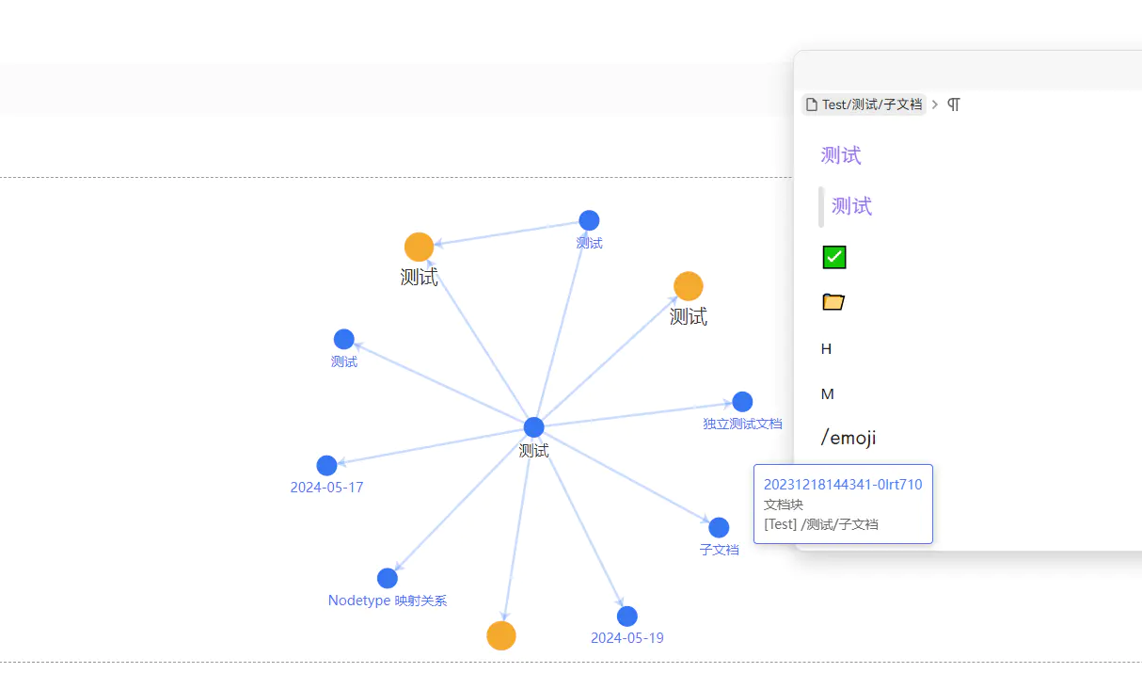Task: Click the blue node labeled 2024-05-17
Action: pyautogui.click(x=326, y=465)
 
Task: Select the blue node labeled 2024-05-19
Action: pyautogui.click(x=627, y=617)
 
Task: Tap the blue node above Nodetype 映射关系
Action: pyautogui.click(x=388, y=578)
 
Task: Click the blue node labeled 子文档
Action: pyautogui.click(x=719, y=528)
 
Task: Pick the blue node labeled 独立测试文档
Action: pyautogui.click(x=742, y=402)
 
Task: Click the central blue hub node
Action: pyautogui.click(x=533, y=427)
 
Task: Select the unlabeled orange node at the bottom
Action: pyautogui.click(x=501, y=635)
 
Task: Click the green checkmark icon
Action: pyautogui.click(x=834, y=257)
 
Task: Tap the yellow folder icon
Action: pyautogui.click(x=833, y=301)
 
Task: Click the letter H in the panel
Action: pyautogui.click(x=827, y=349)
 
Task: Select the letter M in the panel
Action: pyautogui.click(x=828, y=393)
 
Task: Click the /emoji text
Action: pyautogui.click(x=849, y=438)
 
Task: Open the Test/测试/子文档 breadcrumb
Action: pyautogui.click(x=864, y=104)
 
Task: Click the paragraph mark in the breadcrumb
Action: pyautogui.click(x=954, y=104)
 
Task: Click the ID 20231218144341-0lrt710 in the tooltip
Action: pyautogui.click(x=843, y=484)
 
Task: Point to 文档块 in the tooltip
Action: pyautogui.click(x=783, y=505)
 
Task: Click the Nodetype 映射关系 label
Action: pyautogui.click(x=388, y=601)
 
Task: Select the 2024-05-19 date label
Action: pyautogui.click(x=627, y=638)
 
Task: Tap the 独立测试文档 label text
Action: pyautogui.click(x=742, y=424)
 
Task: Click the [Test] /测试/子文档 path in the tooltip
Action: pyautogui.click(x=821, y=524)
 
